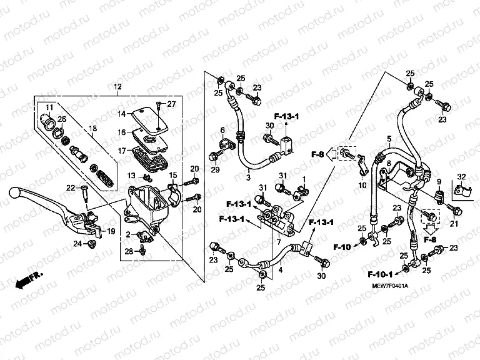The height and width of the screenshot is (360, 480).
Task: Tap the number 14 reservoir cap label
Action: (x=122, y=114)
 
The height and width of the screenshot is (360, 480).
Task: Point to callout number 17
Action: (x=122, y=151)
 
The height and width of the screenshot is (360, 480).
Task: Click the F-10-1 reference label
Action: (x=382, y=274)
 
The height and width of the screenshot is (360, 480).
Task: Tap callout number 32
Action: (x=461, y=177)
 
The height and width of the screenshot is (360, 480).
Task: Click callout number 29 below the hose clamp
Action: (x=214, y=171)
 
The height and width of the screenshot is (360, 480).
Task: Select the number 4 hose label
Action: (x=280, y=270)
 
